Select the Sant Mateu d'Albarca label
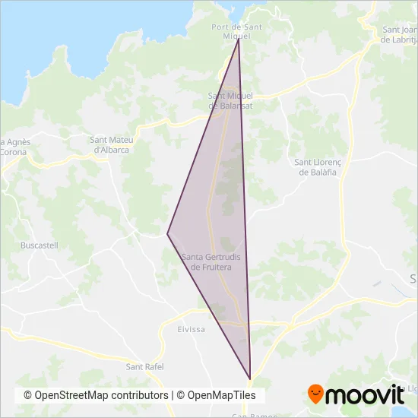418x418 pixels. pyautogui.click(x=109, y=144)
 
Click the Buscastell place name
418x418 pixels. pyautogui.click(x=40, y=246)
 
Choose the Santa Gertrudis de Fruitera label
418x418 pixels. pyautogui.click(x=213, y=261)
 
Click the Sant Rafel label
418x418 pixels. pyautogui.click(x=144, y=367)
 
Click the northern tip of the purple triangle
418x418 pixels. pyautogui.click(x=239, y=39)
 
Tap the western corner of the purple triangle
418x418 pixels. pyautogui.click(x=167, y=233)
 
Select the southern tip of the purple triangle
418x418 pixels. pyautogui.click(x=250, y=378)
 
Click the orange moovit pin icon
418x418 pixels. pyautogui.click(x=315, y=394)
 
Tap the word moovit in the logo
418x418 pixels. pyautogui.click(x=364, y=394)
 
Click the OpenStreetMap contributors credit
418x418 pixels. pyautogui.click(x=96, y=395)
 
